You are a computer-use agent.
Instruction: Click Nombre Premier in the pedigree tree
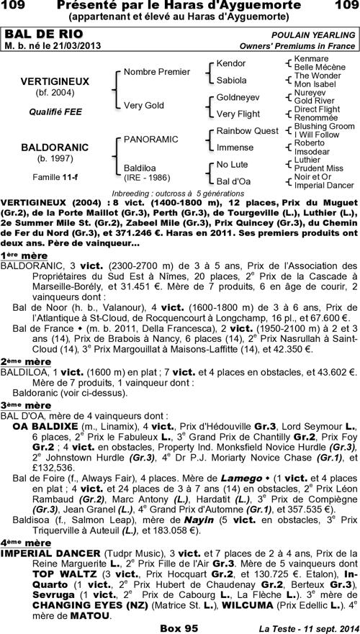157,72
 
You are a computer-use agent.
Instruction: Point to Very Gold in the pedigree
144,105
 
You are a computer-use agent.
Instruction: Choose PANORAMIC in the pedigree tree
151,137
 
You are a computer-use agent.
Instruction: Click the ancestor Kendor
230,64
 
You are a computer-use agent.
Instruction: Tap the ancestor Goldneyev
238,96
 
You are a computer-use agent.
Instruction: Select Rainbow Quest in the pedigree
247,130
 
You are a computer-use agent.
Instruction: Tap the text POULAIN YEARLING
313,35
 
